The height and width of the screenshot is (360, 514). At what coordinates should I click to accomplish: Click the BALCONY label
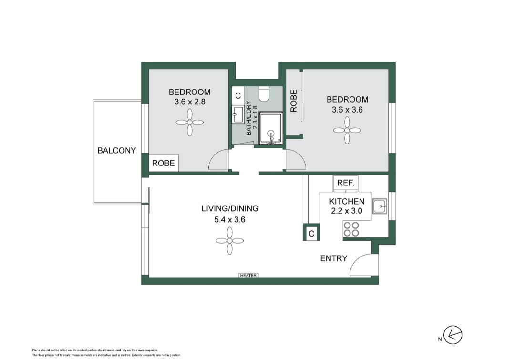coord(116,151)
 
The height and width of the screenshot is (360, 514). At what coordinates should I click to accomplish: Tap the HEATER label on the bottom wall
coord(248,276)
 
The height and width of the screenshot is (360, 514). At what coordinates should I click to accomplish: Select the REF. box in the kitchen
coord(345,183)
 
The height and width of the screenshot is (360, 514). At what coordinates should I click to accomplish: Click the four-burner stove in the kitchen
coord(351,229)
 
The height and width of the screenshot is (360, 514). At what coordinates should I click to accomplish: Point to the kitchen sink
coord(380,207)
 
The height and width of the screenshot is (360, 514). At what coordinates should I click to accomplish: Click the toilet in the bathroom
coord(264,93)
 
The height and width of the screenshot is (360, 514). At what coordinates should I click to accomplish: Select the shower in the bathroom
coord(270,129)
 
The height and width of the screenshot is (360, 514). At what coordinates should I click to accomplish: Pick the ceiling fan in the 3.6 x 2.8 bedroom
coord(190,122)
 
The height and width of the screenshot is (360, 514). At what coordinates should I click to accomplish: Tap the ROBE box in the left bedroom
coord(164,164)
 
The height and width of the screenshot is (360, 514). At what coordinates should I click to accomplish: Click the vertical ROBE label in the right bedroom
coord(294,101)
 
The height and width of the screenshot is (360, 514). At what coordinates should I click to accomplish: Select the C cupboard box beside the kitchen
coord(311,234)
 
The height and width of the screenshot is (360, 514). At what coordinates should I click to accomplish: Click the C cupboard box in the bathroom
coord(237,95)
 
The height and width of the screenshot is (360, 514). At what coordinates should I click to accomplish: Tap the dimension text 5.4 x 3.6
coord(229,220)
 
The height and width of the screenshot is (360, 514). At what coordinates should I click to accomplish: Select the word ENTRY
coord(333,258)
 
